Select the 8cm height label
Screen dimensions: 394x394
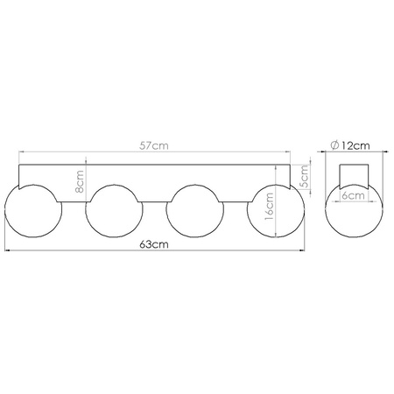pos(80,181)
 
